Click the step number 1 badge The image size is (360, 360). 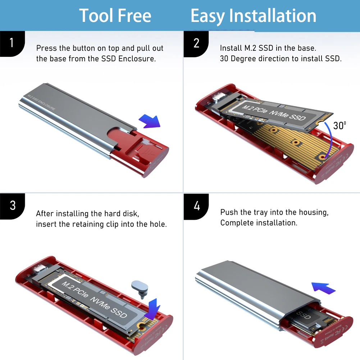(12, 43)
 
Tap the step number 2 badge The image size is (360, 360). (196, 43)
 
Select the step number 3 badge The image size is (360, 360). (12, 206)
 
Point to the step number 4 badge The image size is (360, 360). (196, 206)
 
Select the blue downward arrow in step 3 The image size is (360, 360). (152, 307)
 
